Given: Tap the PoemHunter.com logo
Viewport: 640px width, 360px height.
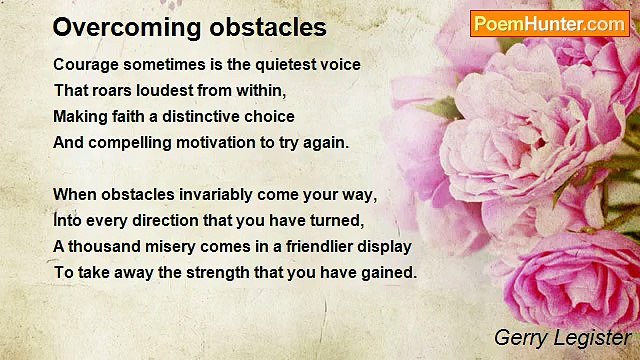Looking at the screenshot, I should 549,23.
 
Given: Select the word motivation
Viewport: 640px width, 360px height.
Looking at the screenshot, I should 220,142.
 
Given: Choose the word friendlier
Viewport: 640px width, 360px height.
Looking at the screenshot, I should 314,246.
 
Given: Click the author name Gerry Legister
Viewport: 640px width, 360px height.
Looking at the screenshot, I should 562,338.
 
